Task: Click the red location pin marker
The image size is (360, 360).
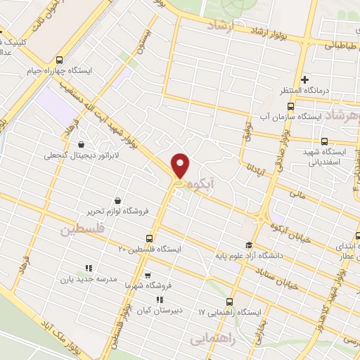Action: coord(181,166)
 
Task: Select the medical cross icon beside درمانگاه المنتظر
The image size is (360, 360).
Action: coord(304,79)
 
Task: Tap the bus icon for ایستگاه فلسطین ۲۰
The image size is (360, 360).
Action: coord(148,238)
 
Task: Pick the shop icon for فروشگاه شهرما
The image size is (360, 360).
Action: coord(147,276)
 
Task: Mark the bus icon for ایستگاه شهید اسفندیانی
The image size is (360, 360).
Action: coord(324,141)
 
